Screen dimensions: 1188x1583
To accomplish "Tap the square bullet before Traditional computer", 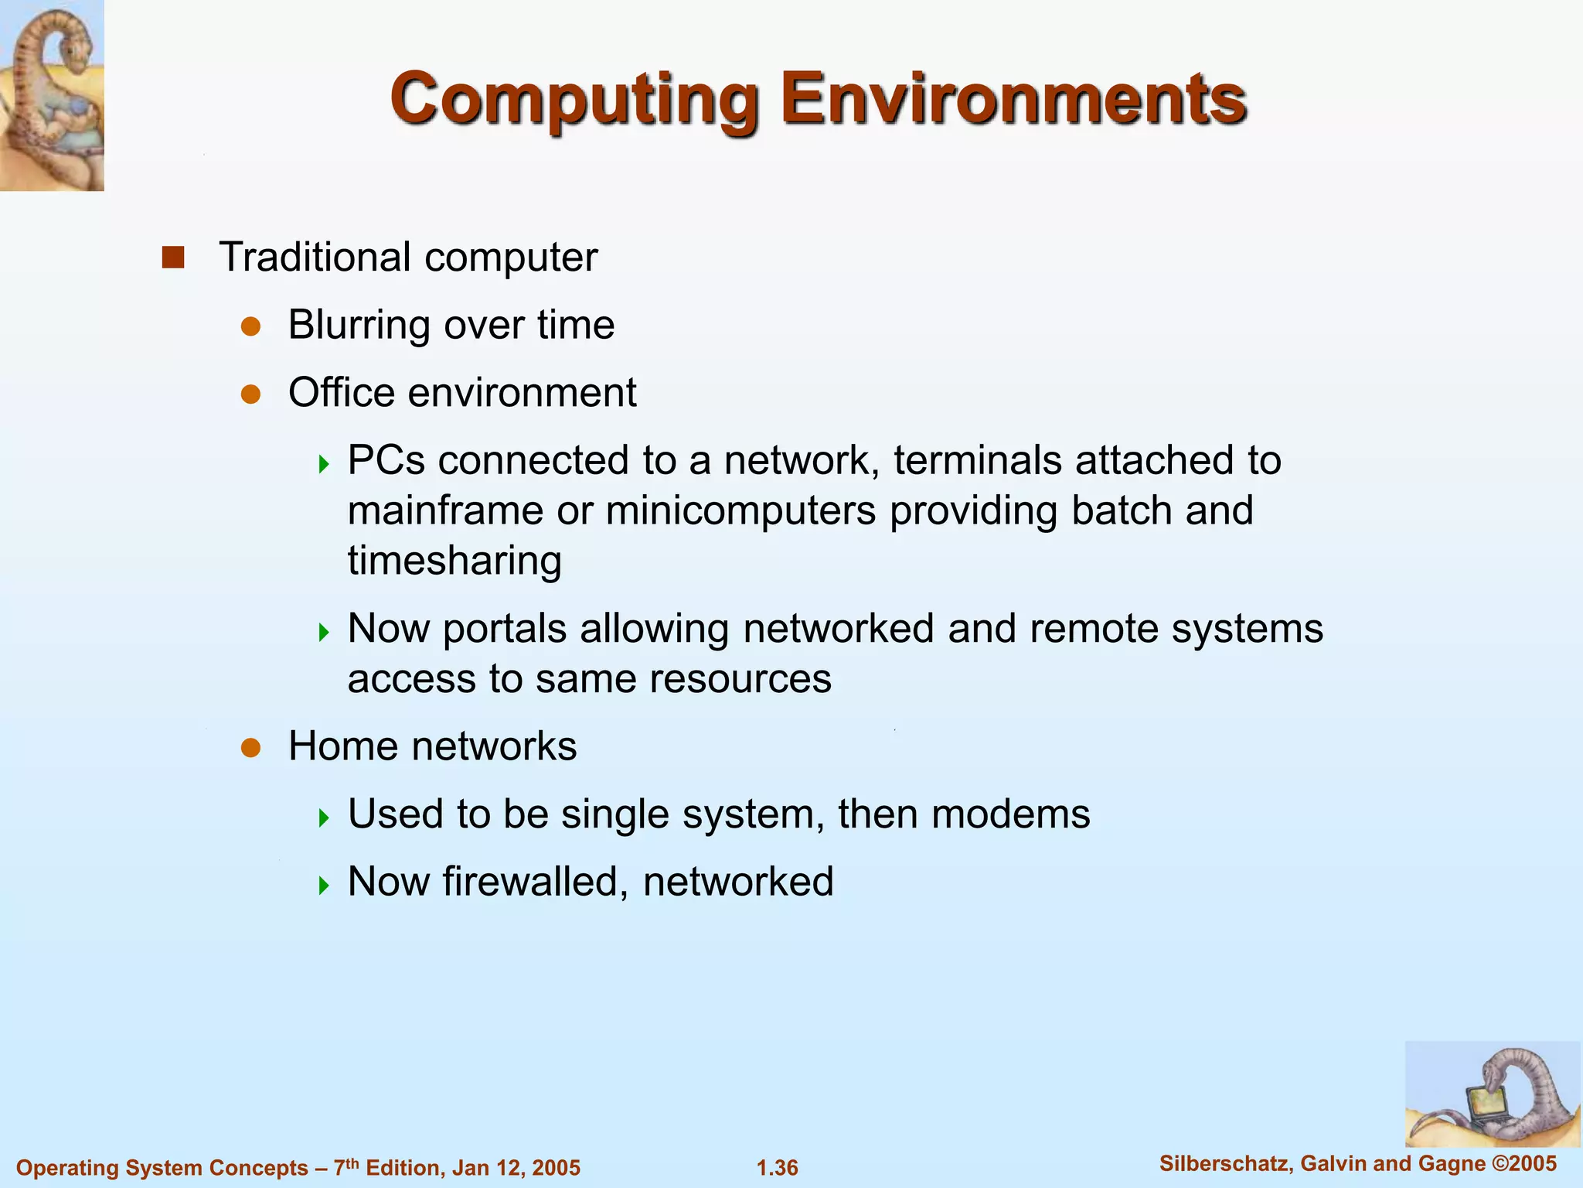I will (x=173, y=258).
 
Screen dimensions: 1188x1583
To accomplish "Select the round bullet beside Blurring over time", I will (x=250, y=326).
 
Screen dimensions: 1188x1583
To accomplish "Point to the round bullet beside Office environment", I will (x=250, y=394).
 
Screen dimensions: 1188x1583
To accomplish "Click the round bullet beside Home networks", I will (x=250, y=748).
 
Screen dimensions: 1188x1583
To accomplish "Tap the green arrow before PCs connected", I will (x=325, y=464).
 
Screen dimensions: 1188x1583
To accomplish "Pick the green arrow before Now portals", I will (x=325, y=633).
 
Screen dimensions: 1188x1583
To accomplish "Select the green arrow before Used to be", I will (x=325, y=818).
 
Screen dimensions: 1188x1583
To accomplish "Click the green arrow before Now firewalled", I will (x=325, y=885).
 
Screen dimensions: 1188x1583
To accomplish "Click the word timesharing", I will (x=454, y=561).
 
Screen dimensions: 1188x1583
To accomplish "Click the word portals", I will (x=505, y=629).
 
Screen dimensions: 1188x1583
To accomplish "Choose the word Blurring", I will (x=359, y=325).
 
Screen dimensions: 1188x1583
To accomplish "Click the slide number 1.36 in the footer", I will (x=778, y=1168).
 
